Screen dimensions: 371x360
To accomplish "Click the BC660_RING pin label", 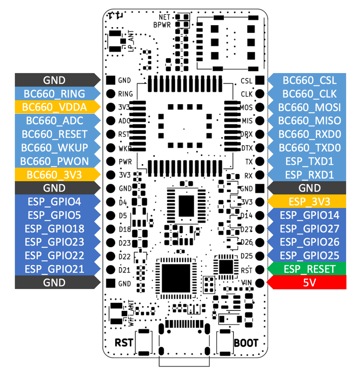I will (54, 94).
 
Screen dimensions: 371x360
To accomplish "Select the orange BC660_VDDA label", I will (54, 107).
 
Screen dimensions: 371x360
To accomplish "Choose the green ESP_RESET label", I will (310, 269).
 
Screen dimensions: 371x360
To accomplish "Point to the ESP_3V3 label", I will (310, 202).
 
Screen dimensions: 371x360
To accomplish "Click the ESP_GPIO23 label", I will (54, 242).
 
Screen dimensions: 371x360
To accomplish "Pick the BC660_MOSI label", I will (310, 107).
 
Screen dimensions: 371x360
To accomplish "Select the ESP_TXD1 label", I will (310, 161).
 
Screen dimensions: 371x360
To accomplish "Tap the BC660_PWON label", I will (54, 161).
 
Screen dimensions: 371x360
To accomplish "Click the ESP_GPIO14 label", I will (310, 215).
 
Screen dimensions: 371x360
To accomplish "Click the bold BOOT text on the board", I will (246, 343).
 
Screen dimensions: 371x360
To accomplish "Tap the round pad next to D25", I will (260, 256).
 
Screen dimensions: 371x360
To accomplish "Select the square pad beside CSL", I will (260, 80).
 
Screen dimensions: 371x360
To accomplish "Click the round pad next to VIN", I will (260, 283).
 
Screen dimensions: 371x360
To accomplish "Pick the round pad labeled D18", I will (110, 229).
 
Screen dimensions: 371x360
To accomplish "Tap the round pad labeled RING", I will (110, 94).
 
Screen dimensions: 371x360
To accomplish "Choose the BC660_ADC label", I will (54, 121).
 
